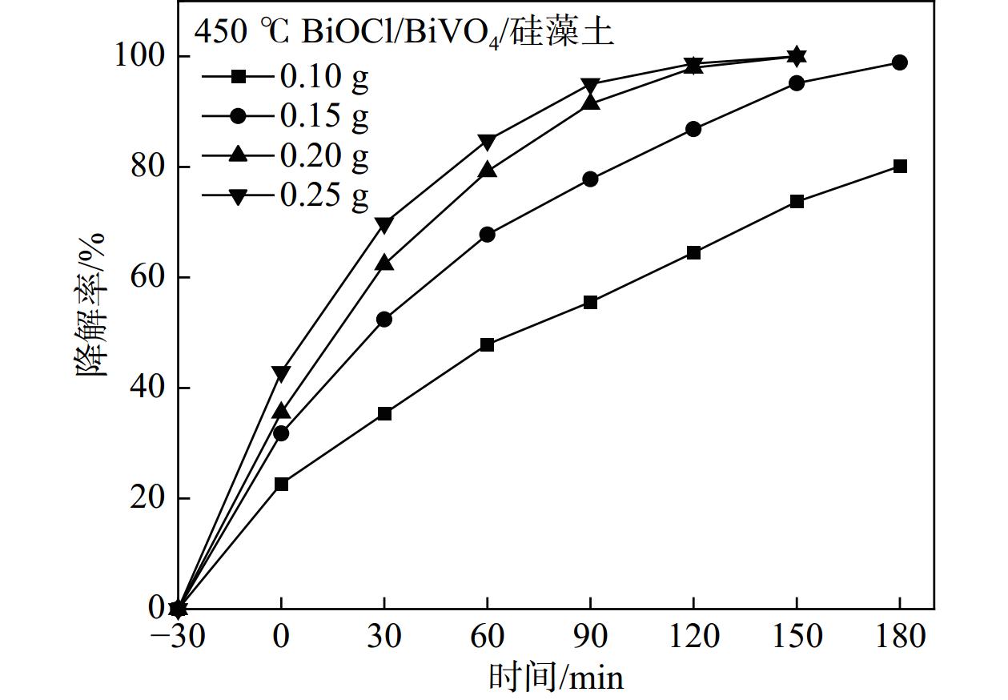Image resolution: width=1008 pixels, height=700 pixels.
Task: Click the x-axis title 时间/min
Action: coord(556,677)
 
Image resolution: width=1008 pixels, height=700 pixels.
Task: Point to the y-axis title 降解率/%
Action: coord(93,305)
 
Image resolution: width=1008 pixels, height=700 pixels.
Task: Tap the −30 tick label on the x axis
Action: coord(178,637)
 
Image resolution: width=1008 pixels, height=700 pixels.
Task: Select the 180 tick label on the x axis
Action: coord(899,637)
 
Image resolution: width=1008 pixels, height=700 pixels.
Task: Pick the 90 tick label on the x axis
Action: coord(590,637)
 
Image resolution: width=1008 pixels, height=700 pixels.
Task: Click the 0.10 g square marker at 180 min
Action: coord(900,166)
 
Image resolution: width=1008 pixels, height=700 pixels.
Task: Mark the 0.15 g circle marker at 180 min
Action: coord(900,62)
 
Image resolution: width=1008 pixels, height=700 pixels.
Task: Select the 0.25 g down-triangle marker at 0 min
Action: coord(281,373)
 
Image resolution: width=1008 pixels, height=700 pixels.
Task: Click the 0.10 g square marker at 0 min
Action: coord(281,484)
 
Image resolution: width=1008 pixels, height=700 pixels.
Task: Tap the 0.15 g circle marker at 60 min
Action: coord(487,235)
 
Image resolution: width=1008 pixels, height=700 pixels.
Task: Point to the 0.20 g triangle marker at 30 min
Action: coord(384,263)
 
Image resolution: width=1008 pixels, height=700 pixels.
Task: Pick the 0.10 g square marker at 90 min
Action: coord(590,302)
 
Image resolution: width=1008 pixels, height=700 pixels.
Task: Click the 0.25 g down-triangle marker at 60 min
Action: coord(487,142)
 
